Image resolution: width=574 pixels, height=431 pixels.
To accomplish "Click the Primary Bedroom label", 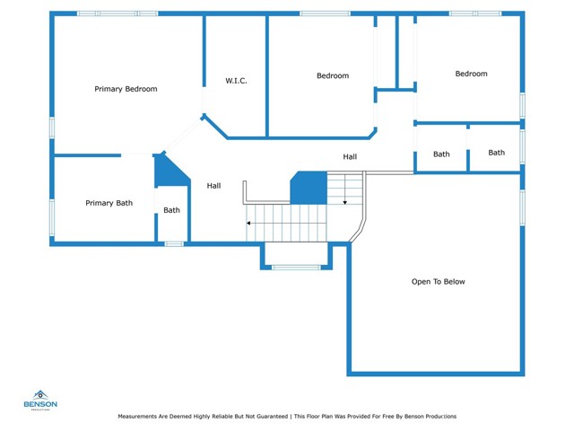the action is (126, 89).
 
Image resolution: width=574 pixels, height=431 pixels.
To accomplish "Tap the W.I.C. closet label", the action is (236, 81).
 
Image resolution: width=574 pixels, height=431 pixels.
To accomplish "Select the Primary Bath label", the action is (109, 203).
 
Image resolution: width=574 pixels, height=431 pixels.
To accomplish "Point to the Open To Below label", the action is (439, 281).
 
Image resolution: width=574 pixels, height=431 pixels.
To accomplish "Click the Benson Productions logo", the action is (40, 400).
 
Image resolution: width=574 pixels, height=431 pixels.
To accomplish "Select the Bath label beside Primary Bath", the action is (171, 210).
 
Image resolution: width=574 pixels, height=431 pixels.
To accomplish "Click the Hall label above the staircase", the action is (350, 157).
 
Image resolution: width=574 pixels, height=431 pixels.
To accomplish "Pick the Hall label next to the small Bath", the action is (213, 186).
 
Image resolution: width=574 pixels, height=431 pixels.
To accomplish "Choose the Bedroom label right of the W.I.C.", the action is (333, 75).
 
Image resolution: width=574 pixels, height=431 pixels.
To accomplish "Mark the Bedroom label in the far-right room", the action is (471, 74).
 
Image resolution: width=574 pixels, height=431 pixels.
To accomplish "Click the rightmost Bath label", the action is (496, 153).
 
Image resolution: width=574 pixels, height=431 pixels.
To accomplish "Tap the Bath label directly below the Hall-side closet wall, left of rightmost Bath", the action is (441, 154).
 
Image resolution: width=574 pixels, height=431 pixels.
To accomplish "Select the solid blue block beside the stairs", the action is (309, 188).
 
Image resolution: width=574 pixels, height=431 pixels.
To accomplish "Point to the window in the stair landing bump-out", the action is (297, 268).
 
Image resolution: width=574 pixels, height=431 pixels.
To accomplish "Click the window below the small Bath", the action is (174, 243).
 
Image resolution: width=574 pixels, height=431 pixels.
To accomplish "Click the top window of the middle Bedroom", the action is (325, 13).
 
